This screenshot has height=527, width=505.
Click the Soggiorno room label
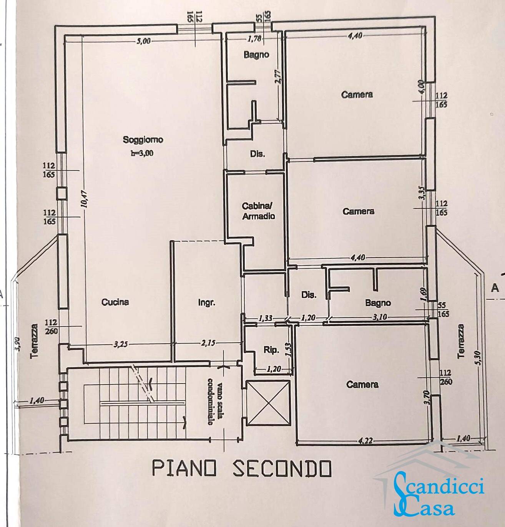[x=143, y=139]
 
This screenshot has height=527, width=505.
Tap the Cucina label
[x=115, y=302]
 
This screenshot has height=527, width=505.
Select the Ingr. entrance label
[x=206, y=302]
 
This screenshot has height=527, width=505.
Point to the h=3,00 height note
[x=142, y=153]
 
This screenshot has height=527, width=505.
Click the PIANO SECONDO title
[x=242, y=468]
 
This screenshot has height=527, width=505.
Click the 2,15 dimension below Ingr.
[x=208, y=344]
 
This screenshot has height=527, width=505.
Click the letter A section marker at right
[x=495, y=287]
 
